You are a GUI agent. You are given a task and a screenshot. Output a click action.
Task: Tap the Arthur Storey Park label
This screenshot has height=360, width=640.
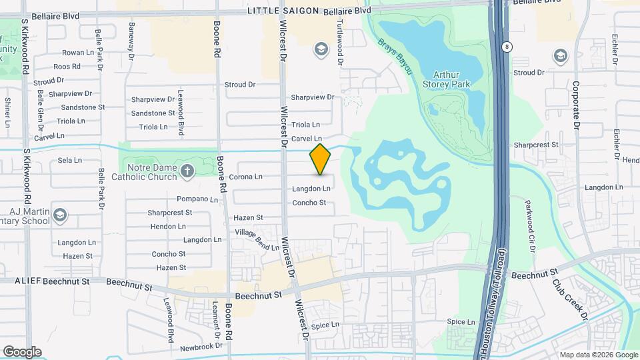[x=447, y=79]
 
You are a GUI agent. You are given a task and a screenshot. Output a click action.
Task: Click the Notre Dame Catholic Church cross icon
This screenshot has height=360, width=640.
[x=188, y=171]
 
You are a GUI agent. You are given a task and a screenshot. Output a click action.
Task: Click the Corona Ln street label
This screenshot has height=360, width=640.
[x=245, y=177]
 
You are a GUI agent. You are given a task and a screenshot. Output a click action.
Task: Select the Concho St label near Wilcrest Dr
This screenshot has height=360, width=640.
[x=309, y=203]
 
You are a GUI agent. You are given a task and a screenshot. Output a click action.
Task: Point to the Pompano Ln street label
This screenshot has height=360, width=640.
[x=197, y=199]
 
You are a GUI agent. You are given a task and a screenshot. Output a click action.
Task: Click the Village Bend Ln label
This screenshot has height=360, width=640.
[x=257, y=240]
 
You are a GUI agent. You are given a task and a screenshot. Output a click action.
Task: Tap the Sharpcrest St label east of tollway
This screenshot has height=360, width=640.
[x=536, y=144]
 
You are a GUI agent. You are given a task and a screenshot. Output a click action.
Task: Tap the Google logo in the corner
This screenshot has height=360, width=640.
[x=22, y=352]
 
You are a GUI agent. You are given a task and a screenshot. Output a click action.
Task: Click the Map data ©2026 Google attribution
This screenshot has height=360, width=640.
[x=599, y=355]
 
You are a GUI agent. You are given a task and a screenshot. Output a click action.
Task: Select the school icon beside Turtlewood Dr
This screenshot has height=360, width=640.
[x=321, y=49]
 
